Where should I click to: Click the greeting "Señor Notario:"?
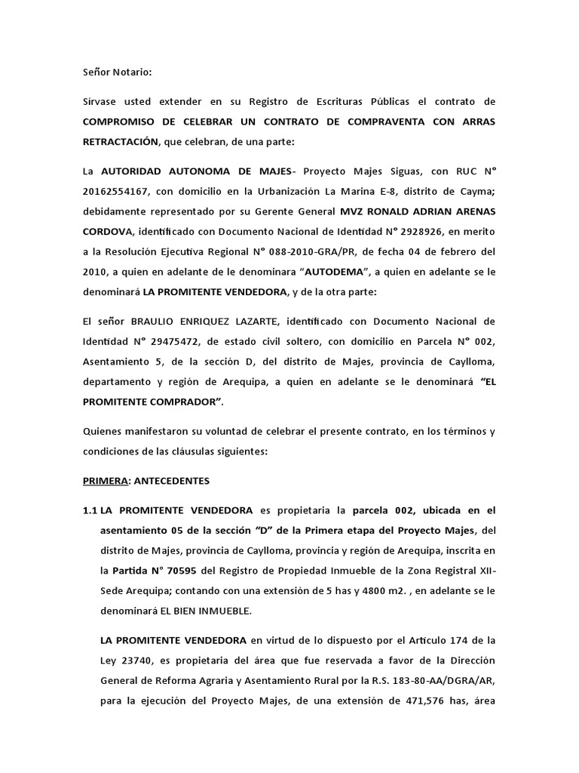coord(117,72)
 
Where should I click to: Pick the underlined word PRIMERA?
coord(103,480)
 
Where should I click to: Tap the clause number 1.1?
coord(90,510)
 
